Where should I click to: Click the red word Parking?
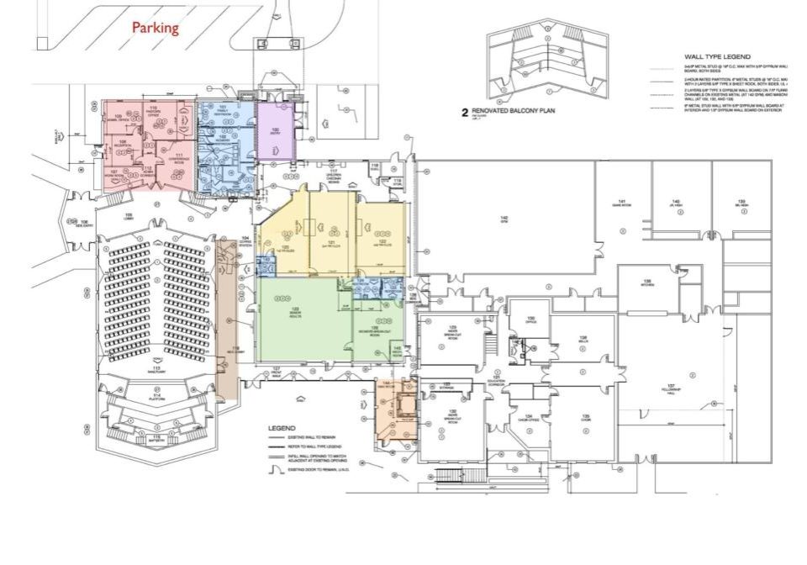coord(156,28)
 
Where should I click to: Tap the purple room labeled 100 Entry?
coord(275,132)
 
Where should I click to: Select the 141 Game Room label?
coord(623,202)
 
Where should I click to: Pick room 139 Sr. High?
coord(742,202)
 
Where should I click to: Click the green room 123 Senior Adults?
coord(296,312)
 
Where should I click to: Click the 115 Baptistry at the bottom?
coord(156,437)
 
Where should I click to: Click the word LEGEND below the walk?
coord(282,428)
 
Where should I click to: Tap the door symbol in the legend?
coord(271,471)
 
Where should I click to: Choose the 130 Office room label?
coord(531,319)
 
